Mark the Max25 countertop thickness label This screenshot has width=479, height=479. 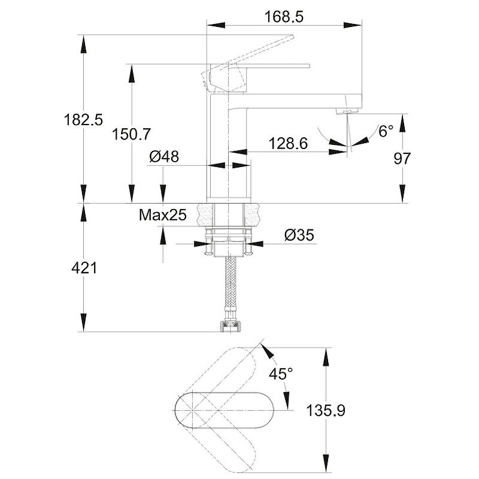pyautogui.click(x=163, y=214)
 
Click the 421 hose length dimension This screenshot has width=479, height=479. pyautogui.click(x=84, y=268)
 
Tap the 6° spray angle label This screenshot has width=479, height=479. pyautogui.click(x=386, y=131)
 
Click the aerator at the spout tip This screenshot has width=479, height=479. pyautogui.click(x=347, y=111)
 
